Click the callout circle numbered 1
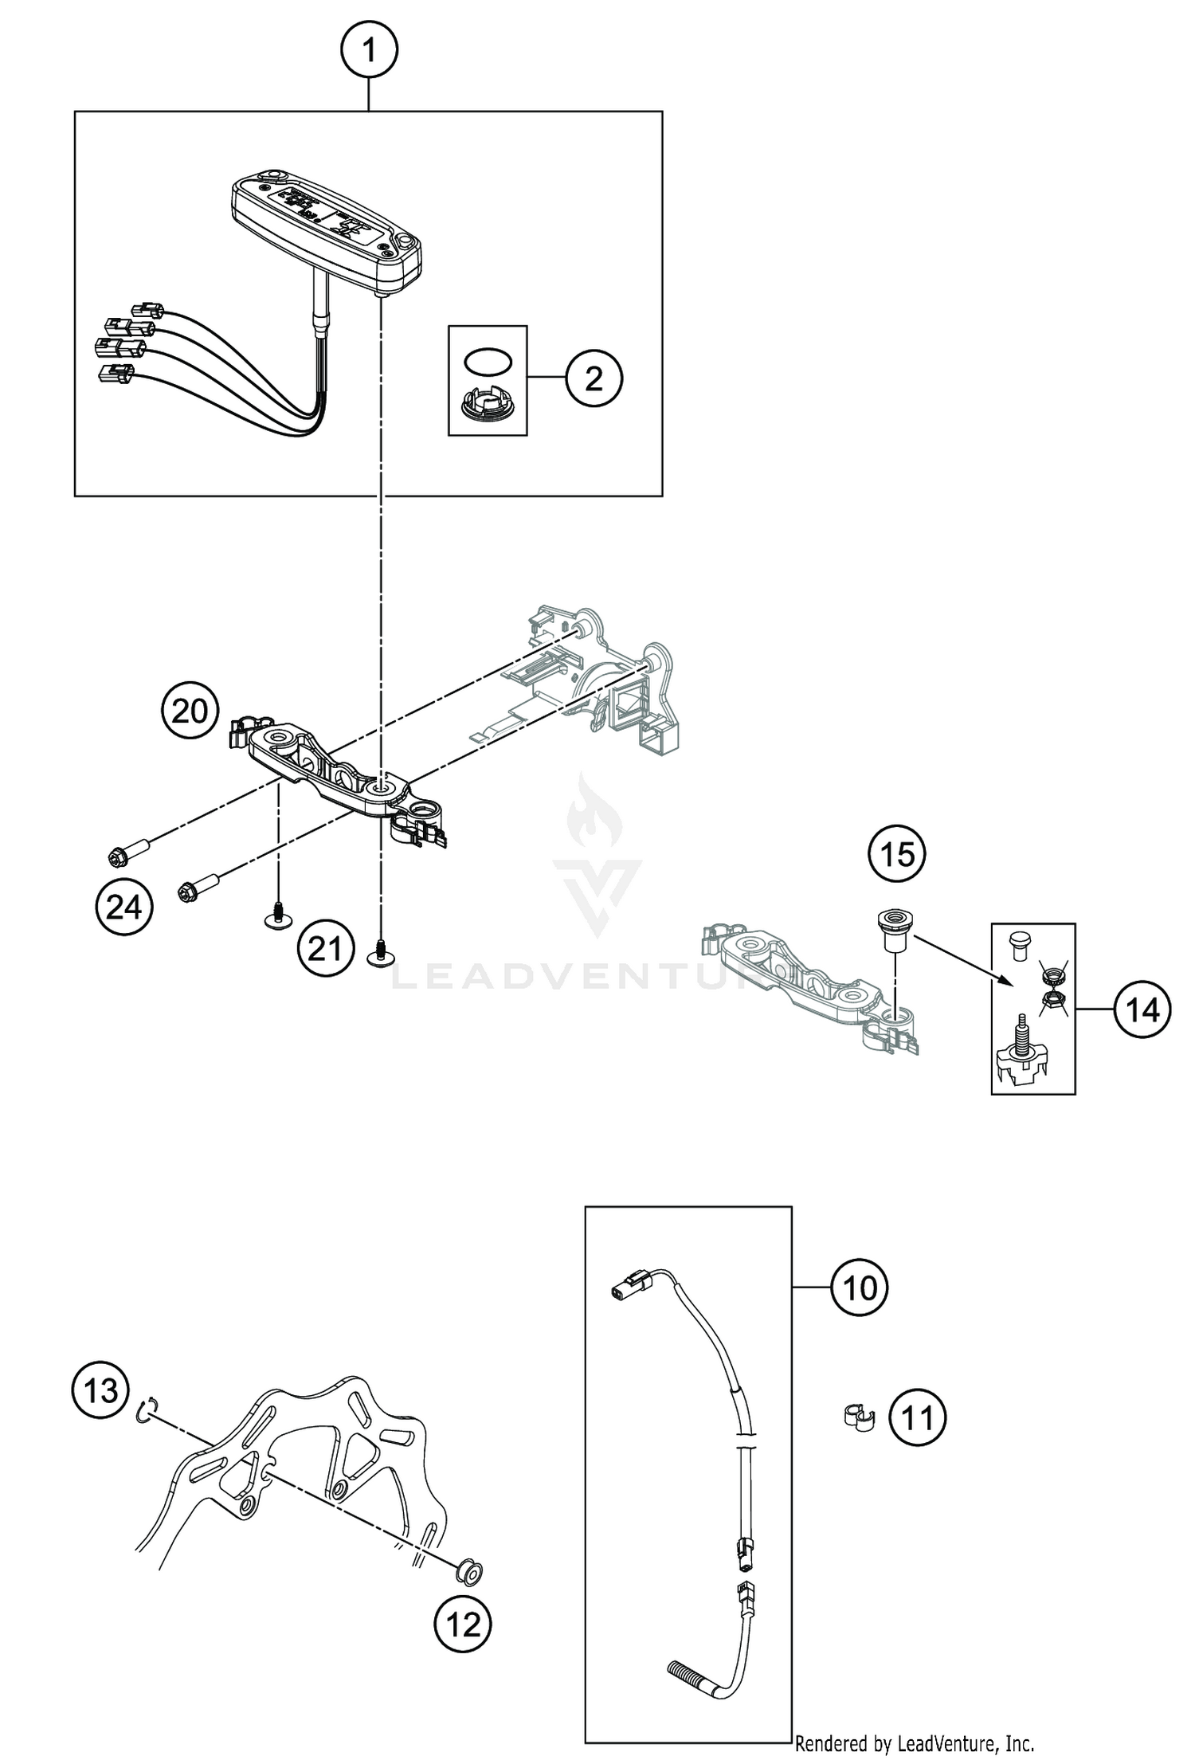(368, 51)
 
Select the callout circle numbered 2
(594, 379)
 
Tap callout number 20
(190, 711)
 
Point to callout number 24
(123, 907)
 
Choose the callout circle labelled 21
(325, 949)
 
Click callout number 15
(897, 855)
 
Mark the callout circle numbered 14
(1142, 1010)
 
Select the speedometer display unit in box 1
(326, 232)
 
